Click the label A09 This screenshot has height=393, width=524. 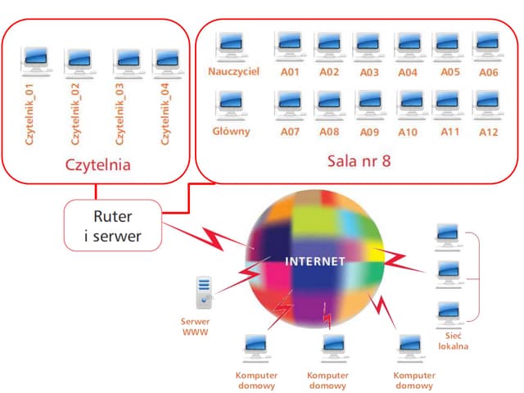click(x=369, y=131)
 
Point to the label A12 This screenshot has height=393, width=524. click(x=489, y=131)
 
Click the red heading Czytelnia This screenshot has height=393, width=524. click(x=98, y=164)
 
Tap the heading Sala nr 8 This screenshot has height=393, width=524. click(x=358, y=160)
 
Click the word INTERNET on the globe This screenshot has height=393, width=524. click(x=315, y=261)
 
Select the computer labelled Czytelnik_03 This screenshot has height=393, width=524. click(x=125, y=60)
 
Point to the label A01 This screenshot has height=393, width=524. click(x=289, y=72)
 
